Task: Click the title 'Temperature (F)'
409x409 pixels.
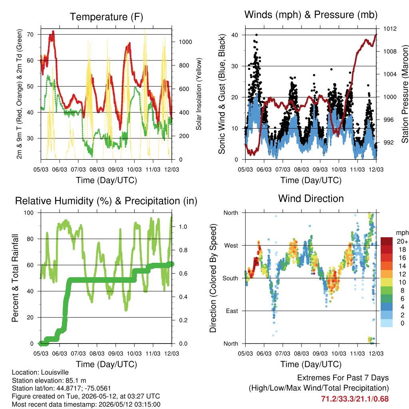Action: [106, 17]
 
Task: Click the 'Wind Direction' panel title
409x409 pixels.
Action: [311, 199]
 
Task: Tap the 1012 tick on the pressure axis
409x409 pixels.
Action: [390, 29]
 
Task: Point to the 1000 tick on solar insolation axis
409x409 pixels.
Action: [185, 42]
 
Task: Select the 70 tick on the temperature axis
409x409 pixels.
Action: [30, 34]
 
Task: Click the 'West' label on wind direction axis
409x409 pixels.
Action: [231, 246]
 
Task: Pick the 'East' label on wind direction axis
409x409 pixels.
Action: [232, 311]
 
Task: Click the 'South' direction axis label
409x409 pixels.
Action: [230, 278]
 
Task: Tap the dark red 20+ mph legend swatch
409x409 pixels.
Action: [387, 241]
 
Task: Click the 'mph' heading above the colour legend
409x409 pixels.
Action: [402, 233]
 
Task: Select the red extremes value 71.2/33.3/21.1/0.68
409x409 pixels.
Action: [355, 399]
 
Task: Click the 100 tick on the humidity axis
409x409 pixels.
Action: [29, 213]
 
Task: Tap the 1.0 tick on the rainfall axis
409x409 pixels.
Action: [183, 227]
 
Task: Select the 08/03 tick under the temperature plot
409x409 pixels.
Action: [97, 169]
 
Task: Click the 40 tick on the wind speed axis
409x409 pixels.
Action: [235, 35]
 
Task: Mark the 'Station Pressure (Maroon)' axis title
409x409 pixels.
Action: [405, 94]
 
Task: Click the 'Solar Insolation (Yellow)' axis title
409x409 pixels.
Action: [199, 94]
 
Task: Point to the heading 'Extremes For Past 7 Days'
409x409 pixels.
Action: [343, 378]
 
